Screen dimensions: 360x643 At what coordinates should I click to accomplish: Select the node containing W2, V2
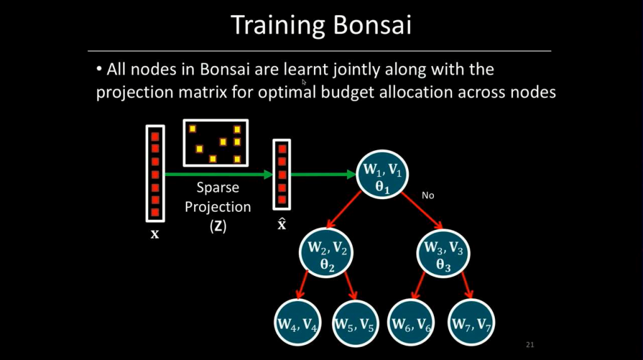point(327,253)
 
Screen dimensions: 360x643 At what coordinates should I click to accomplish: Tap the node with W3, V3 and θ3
point(443,253)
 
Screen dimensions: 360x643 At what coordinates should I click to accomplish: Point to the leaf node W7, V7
point(470,324)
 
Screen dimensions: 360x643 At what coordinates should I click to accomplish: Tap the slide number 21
point(529,345)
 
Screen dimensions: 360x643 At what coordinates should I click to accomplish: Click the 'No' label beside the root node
point(428,195)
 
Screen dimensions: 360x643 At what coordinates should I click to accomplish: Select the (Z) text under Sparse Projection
point(218,227)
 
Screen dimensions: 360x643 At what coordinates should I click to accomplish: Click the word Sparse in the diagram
point(218,188)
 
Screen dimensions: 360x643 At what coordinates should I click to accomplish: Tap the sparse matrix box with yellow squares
point(215,143)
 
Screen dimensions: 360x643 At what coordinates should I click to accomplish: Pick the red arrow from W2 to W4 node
point(302,283)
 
